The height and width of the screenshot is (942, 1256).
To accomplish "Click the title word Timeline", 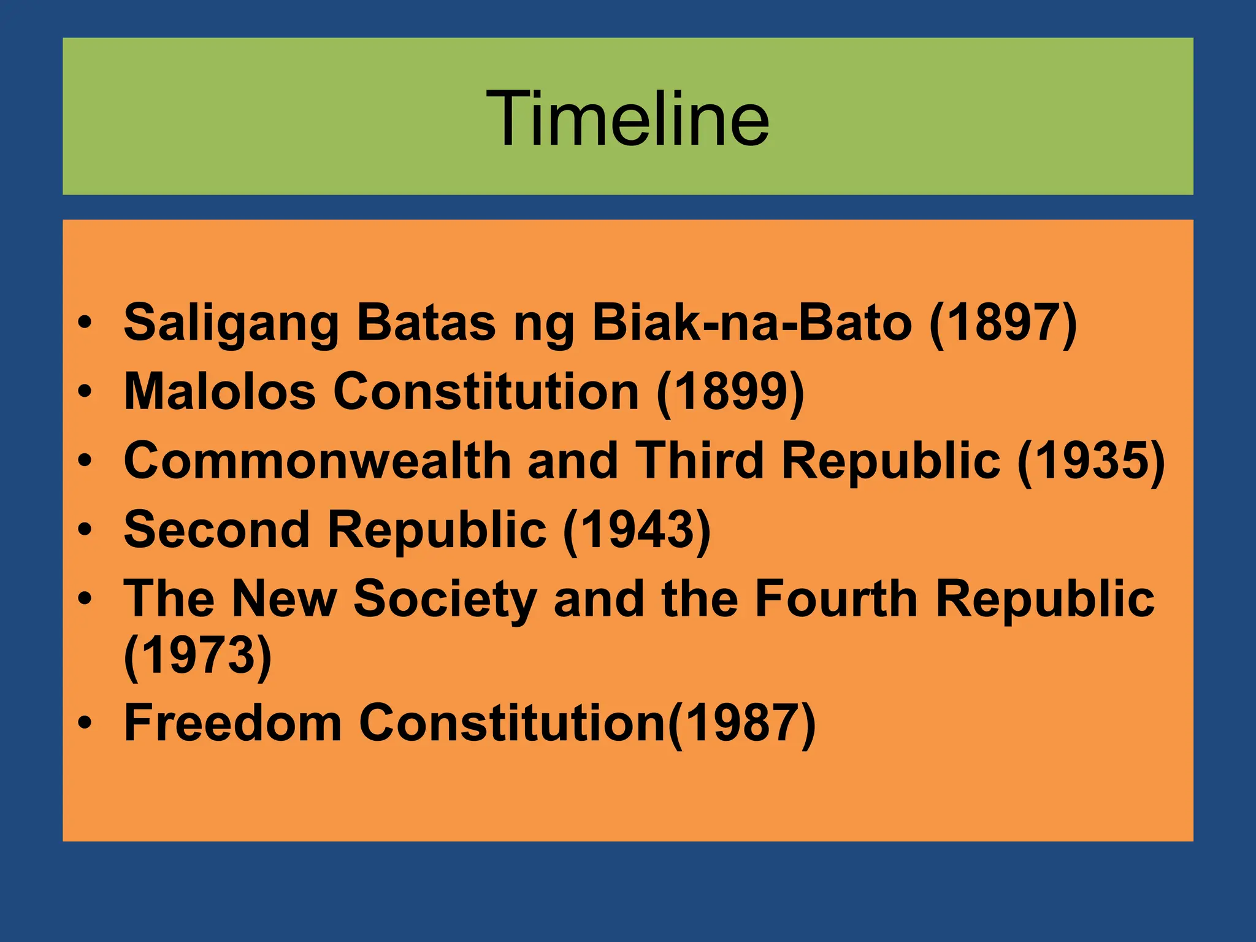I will [627, 118].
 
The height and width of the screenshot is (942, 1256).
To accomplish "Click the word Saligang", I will [231, 323].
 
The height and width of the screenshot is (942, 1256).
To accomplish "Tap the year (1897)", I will [1003, 323].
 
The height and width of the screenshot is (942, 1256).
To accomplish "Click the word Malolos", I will [220, 392].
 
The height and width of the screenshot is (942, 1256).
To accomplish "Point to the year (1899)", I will [730, 392].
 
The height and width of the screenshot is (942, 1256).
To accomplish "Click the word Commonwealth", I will [317, 461].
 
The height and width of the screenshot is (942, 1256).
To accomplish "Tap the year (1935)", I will [1091, 461].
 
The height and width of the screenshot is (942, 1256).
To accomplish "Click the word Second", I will [216, 530].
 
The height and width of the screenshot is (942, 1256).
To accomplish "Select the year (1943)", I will [637, 530].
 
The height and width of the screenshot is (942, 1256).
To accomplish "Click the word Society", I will [445, 599].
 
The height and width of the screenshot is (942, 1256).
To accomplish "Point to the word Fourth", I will [835, 599].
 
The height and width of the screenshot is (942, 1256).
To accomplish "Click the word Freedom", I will [232, 724].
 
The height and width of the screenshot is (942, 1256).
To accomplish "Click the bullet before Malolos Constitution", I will [85, 392].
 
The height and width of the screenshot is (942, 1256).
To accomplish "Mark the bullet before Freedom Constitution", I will [85, 724].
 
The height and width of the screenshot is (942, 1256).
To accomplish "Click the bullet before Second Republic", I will [85, 530].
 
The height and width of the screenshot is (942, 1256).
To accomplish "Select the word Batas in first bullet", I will [426, 323].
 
